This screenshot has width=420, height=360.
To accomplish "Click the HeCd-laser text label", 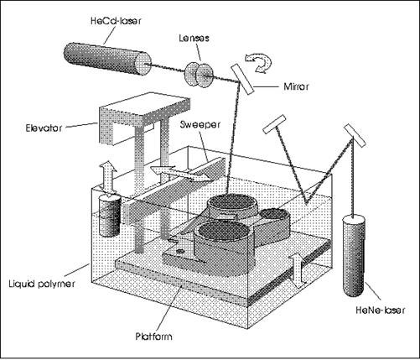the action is click(116, 21).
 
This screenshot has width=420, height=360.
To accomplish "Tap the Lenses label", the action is click(194, 38).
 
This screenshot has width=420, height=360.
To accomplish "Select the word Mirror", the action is click(296, 86).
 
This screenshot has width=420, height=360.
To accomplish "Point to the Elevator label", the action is click(44, 128).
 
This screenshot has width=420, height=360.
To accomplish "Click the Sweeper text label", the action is click(200, 124).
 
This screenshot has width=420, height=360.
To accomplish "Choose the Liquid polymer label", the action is click(42, 284).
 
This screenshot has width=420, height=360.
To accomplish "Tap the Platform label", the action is click(153, 336).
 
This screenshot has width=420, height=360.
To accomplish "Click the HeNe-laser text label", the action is click(380, 310).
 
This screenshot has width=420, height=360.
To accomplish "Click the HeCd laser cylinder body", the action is click(107, 59).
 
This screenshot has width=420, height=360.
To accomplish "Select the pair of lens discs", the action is click(199, 75).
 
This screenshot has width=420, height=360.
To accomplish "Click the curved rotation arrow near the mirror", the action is click(259, 63).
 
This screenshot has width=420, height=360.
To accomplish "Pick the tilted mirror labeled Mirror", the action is click(243, 79).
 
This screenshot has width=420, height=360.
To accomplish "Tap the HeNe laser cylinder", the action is click(354, 256).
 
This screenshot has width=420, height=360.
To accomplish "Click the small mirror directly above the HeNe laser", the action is click(355, 135).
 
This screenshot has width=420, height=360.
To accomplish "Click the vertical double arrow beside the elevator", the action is click(108, 178).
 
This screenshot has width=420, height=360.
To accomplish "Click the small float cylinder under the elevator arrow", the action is click(110, 216).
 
